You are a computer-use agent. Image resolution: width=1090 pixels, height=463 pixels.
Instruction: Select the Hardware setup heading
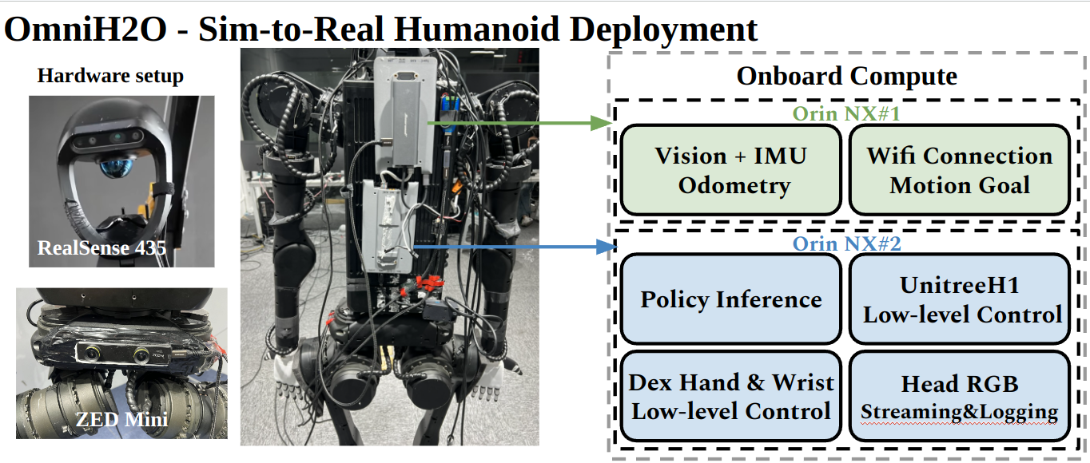[x=110, y=77]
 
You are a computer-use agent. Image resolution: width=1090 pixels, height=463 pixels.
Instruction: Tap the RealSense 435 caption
[x=101, y=248]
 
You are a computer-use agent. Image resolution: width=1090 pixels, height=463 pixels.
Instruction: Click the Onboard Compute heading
[x=846, y=77]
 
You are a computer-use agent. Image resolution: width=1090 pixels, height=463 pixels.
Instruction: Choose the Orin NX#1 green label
[x=846, y=113]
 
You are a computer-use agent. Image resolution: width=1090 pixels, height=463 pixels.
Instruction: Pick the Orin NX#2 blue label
[x=846, y=243]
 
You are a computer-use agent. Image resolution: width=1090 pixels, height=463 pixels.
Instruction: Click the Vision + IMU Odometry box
[x=731, y=170]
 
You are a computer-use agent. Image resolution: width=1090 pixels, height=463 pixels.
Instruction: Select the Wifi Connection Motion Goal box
[x=959, y=170]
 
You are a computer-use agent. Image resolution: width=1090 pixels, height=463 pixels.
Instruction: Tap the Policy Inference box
[x=731, y=299]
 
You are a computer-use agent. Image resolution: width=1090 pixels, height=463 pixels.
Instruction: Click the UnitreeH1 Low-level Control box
[x=959, y=299]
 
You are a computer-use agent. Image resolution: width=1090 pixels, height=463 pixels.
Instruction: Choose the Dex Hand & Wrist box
[x=731, y=396]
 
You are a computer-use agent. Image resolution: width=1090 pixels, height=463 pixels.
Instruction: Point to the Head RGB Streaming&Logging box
[x=959, y=396]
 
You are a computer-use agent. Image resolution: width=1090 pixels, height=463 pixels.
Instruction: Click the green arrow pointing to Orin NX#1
[x=519, y=123]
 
